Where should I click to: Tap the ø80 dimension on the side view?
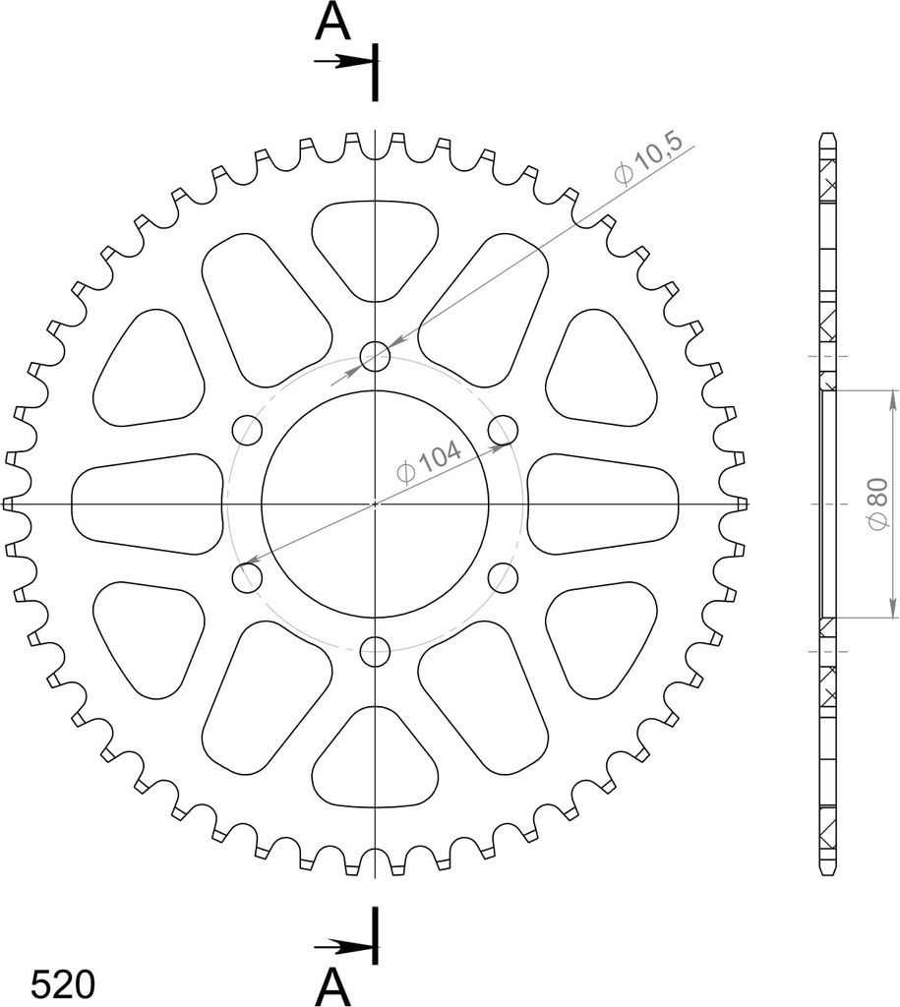pyautogui.click(x=877, y=504)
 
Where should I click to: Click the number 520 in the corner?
pyautogui.click(x=63, y=983)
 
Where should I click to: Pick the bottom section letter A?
pyautogui.click(x=332, y=987)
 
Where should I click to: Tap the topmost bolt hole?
pyautogui.click(x=375, y=356)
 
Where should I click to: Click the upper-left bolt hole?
pyautogui.click(x=247, y=431)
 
